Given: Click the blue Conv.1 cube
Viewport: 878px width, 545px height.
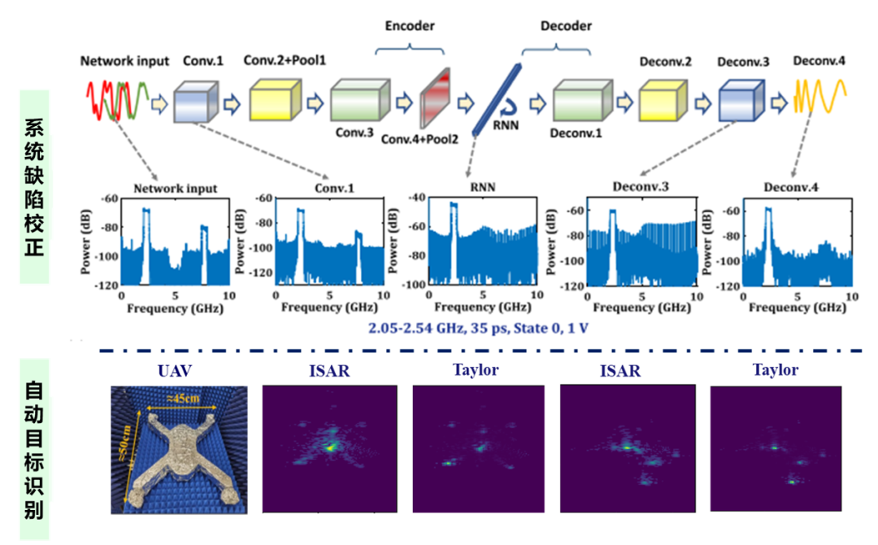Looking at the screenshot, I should [196, 102].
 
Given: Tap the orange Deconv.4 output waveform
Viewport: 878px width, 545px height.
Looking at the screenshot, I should [821, 97].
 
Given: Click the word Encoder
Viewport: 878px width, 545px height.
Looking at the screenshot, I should [409, 25].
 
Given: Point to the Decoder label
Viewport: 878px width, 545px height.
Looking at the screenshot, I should [566, 25].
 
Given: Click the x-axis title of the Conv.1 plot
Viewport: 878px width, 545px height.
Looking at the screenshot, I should [328, 308].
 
